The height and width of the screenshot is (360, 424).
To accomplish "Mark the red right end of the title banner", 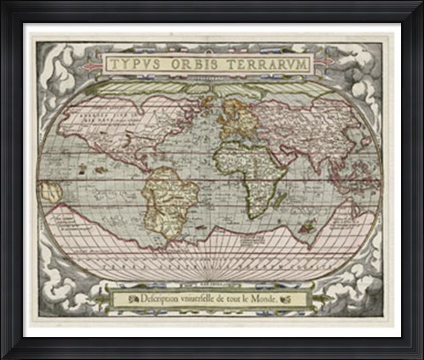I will pos(324,64).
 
